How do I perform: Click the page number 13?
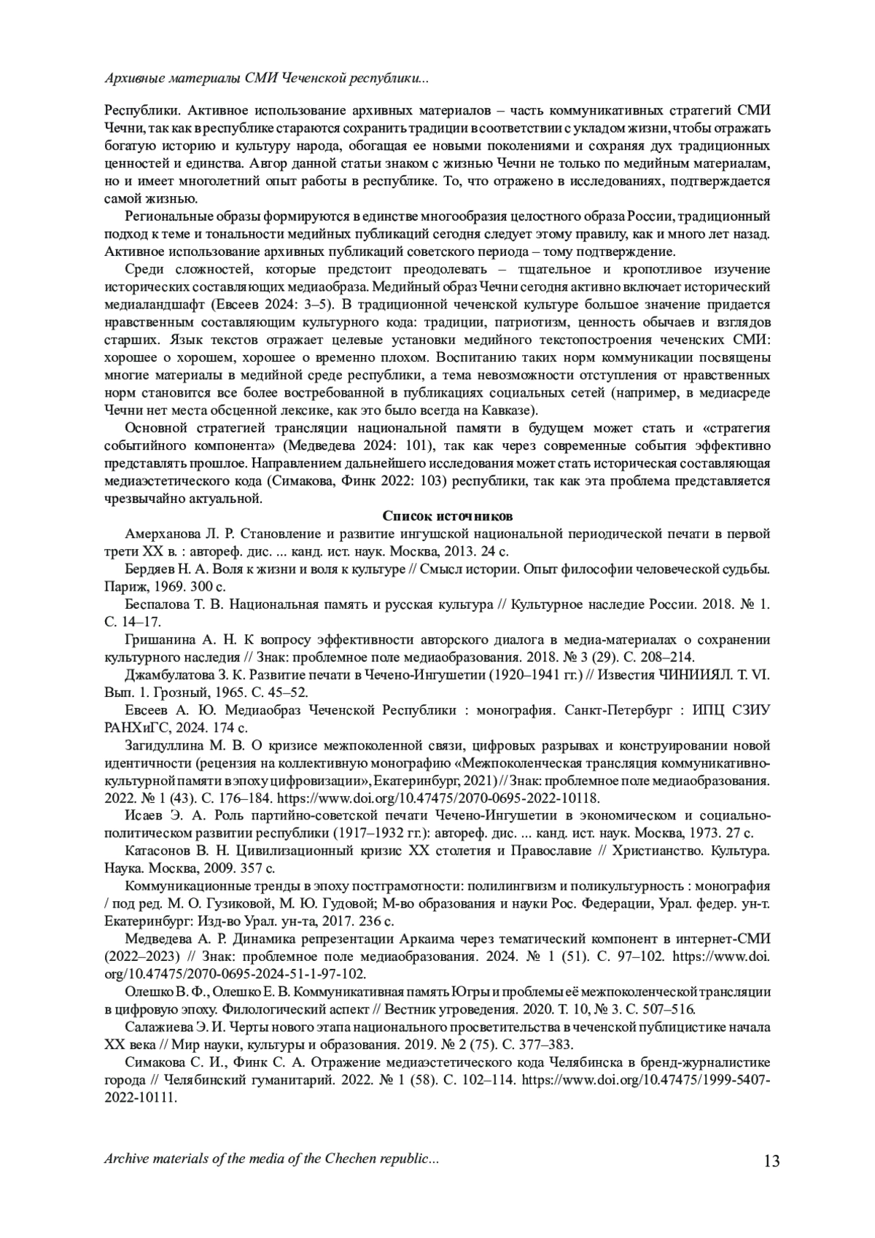(x=771, y=1161)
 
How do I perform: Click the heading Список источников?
(x=448, y=516)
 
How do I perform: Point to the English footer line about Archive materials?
(x=272, y=1159)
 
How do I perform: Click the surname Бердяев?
(x=149, y=569)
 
